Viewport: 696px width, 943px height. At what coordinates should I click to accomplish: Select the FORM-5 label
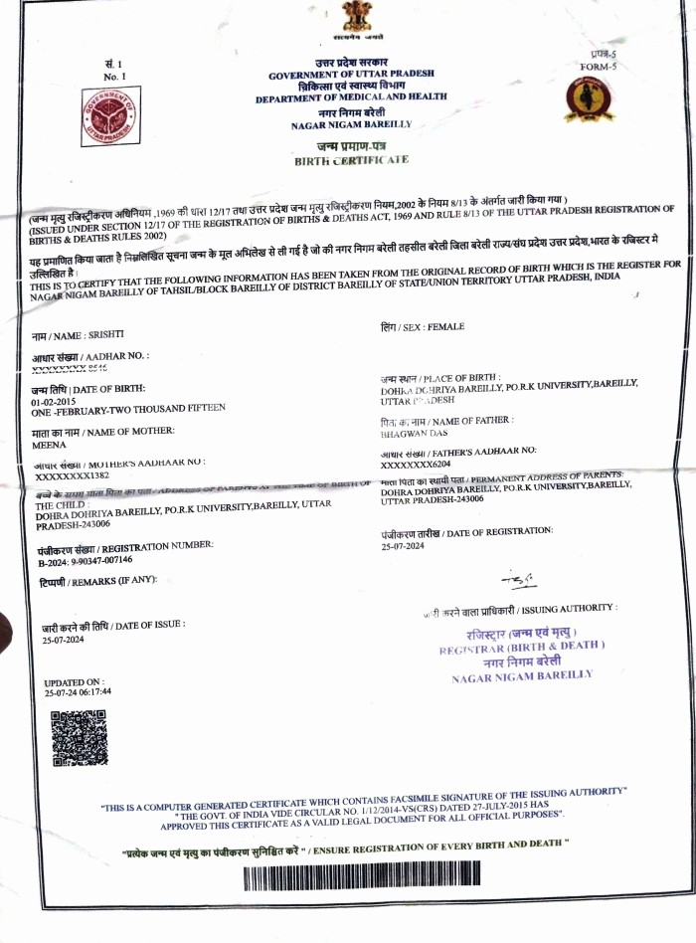(598, 67)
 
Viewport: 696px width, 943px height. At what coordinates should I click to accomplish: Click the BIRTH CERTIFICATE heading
(351, 159)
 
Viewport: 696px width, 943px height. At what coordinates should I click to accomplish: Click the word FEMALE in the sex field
(445, 326)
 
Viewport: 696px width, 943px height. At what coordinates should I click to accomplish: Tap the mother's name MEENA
(49, 446)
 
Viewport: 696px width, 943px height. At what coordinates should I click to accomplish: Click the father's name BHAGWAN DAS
(414, 434)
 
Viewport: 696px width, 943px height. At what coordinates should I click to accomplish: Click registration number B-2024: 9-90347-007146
(85, 561)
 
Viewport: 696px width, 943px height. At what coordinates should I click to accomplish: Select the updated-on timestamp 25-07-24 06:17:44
(79, 691)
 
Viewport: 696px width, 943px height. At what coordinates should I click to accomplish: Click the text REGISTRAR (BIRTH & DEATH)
(521, 646)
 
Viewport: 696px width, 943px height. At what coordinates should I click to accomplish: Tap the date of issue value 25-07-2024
(63, 640)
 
